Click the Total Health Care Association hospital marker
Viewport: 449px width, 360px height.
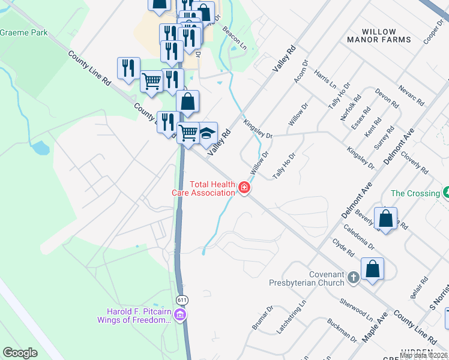click(x=244, y=188)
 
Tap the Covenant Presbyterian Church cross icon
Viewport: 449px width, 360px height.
click(x=354, y=277)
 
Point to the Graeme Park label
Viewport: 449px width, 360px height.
click(x=24, y=33)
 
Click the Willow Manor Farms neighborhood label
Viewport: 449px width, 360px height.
click(x=379, y=35)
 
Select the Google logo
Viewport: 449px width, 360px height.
click(x=20, y=353)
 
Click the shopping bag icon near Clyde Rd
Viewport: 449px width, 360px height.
click(x=372, y=269)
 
